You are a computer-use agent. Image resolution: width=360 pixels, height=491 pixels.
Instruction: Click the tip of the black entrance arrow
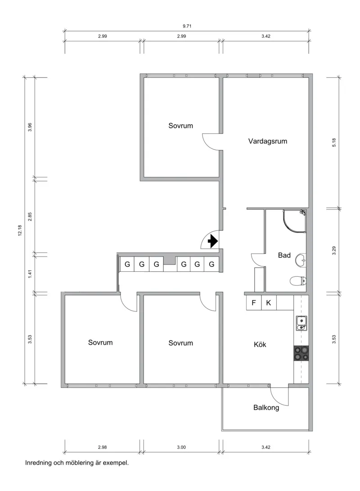click(x=218, y=241)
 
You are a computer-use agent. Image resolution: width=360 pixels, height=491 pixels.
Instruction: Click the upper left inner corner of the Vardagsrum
click(x=223, y=78)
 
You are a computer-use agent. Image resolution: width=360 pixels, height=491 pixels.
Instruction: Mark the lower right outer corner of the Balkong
click(x=312, y=431)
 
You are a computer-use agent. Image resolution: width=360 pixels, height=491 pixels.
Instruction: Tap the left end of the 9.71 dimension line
click(x=65, y=31)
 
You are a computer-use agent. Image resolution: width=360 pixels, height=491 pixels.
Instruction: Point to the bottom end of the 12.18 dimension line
click(x=25, y=383)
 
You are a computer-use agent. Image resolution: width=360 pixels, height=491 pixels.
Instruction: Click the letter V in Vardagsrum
click(x=251, y=141)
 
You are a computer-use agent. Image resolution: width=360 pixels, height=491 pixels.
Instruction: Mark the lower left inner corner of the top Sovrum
click(x=144, y=177)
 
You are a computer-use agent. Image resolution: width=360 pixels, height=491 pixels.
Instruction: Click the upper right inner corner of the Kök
click(x=309, y=295)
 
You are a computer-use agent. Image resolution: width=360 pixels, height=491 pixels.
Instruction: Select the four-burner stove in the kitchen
click(x=301, y=353)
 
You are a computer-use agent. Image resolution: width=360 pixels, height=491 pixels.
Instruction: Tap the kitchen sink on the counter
click(x=301, y=323)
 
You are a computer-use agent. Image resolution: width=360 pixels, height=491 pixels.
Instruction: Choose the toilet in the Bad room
click(x=298, y=281)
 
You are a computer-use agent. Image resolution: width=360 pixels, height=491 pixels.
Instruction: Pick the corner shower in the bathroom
click(x=295, y=221)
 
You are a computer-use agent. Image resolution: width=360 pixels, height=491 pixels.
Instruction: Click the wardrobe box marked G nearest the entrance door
click(x=211, y=264)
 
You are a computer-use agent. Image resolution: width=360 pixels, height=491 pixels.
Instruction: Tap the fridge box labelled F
click(x=254, y=303)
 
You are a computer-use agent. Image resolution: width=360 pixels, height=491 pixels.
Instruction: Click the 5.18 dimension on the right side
click(x=334, y=143)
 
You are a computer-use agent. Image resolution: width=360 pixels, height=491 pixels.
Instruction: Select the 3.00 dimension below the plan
click(x=181, y=447)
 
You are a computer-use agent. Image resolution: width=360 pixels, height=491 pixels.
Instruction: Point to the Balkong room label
click(x=266, y=408)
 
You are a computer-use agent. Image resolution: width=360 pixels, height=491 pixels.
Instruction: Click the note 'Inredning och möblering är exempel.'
click(x=77, y=463)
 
